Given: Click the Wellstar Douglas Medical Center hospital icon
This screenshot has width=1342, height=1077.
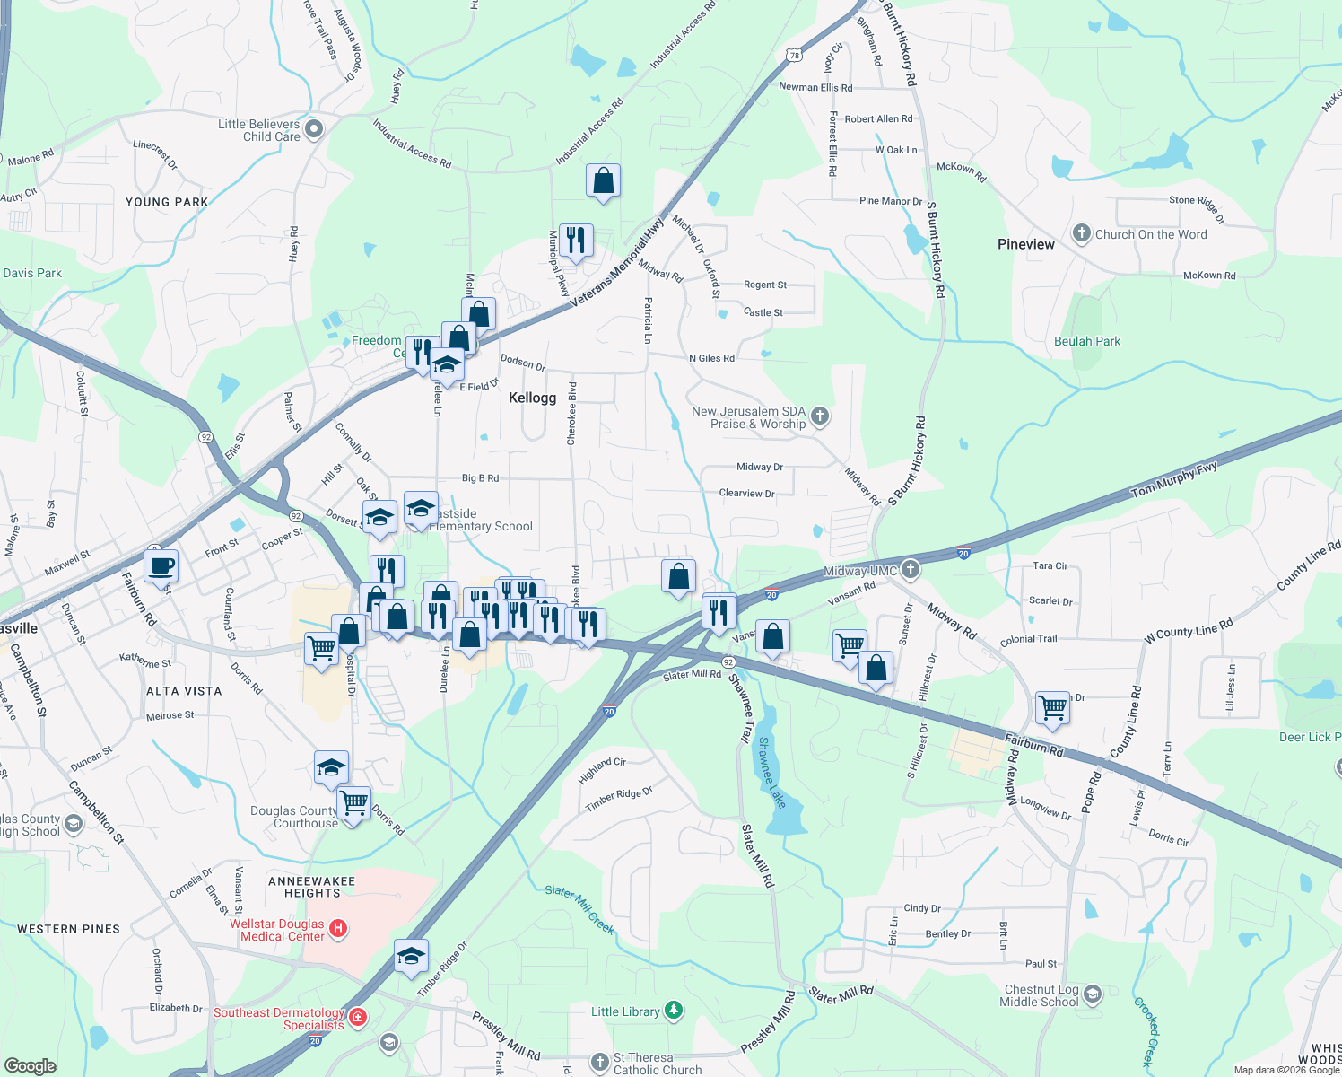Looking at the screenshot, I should pyautogui.click(x=338, y=928).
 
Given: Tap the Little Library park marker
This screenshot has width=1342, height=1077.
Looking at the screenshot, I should pyautogui.click(x=674, y=1011).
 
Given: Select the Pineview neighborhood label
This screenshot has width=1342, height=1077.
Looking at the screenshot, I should pyautogui.click(x=1025, y=244).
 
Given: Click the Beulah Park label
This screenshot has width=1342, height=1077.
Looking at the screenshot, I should pyautogui.click(x=1087, y=341).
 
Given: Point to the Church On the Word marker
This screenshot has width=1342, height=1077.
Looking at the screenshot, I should pyautogui.click(x=1082, y=234).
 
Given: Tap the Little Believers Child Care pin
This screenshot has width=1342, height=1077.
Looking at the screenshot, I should pyautogui.click(x=313, y=130).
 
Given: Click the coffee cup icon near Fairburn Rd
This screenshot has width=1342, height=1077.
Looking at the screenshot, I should pyautogui.click(x=161, y=566).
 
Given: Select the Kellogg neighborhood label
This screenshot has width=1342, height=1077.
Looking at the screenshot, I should pyautogui.click(x=532, y=398).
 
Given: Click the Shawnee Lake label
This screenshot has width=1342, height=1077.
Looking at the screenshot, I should pyautogui.click(x=771, y=772).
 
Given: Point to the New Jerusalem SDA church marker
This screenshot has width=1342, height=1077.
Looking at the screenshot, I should pyautogui.click(x=819, y=416).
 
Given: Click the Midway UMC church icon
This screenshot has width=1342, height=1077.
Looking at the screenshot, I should pyautogui.click(x=910, y=569).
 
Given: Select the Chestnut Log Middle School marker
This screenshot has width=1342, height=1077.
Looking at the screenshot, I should pyautogui.click(x=1092, y=994).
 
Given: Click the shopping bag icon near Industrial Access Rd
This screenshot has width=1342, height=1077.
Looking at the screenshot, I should pyautogui.click(x=604, y=181).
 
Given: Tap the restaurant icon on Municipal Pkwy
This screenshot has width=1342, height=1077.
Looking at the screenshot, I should pyautogui.click(x=576, y=241).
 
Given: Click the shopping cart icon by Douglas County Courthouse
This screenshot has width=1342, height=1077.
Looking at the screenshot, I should pyautogui.click(x=354, y=801).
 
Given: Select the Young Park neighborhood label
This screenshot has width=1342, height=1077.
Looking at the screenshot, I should pyautogui.click(x=167, y=202).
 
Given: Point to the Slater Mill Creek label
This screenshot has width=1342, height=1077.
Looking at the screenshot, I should pyautogui.click(x=579, y=910).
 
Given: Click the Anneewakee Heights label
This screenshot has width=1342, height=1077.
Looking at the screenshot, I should pyautogui.click(x=311, y=887).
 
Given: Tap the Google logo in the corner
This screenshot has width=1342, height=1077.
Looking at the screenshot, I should pyautogui.click(x=30, y=1065).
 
